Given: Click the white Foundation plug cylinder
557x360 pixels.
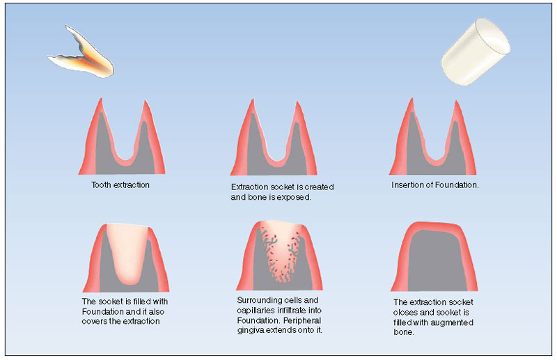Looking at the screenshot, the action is click(x=476, y=52).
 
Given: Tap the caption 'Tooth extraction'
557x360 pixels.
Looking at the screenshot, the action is click(x=120, y=185).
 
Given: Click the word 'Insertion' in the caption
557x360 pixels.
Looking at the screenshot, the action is click(x=407, y=185).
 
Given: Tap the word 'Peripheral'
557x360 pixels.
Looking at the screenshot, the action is click(x=302, y=320).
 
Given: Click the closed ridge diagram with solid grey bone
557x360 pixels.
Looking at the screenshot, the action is click(x=434, y=256).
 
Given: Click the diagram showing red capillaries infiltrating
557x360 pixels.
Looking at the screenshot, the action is click(x=280, y=256).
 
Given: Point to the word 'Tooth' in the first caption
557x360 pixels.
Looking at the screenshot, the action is click(x=101, y=185).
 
